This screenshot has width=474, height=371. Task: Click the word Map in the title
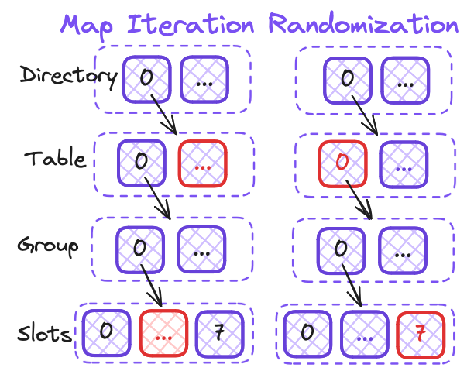87,26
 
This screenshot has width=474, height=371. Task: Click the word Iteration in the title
191,23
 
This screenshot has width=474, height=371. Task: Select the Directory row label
69,76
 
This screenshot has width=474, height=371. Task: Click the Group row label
48,246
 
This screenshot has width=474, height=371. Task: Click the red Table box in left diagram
203,163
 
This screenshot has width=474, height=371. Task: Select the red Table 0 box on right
343,164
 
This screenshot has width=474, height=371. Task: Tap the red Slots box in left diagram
163,332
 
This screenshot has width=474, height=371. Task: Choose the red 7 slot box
421,335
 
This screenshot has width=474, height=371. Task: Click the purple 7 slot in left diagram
219,333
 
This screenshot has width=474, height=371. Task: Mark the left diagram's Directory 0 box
147,79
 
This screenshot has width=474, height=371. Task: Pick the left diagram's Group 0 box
140,249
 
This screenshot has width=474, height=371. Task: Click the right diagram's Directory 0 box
348,80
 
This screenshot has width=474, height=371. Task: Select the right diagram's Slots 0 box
307,334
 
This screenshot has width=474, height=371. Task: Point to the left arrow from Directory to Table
163,115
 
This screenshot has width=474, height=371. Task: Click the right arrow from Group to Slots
352,285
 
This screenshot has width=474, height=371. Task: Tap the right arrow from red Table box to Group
359,200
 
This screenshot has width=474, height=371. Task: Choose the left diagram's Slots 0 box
107,332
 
